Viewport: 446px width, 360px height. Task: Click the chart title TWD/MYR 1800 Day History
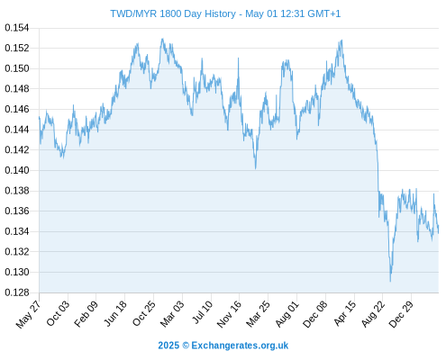tap(173, 13)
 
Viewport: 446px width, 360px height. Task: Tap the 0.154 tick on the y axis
tap(17, 28)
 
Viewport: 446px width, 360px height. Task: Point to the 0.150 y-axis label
tap(17, 68)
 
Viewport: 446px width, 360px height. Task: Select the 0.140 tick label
tap(17, 170)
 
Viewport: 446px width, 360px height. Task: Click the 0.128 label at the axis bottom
tap(17, 292)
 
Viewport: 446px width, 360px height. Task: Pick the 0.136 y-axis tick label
tap(17, 211)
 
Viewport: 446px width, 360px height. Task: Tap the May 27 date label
tap(28, 314)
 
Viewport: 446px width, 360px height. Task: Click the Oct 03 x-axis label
tap(58, 313)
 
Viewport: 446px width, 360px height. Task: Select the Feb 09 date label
tap(86, 313)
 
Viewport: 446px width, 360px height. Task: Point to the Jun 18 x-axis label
tap(115, 313)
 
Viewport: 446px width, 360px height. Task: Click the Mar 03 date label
tap(172, 314)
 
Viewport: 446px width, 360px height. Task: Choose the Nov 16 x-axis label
tap(229, 314)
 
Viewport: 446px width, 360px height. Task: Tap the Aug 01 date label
tap(287, 314)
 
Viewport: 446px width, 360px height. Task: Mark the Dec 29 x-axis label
tap(401, 314)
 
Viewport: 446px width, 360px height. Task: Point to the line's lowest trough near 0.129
tap(390, 281)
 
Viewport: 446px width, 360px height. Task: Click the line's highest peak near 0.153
tap(162, 39)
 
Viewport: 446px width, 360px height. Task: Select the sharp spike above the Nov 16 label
tap(239, 58)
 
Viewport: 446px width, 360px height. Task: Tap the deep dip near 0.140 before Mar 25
tap(256, 168)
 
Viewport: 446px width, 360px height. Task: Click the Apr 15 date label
tap(344, 313)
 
